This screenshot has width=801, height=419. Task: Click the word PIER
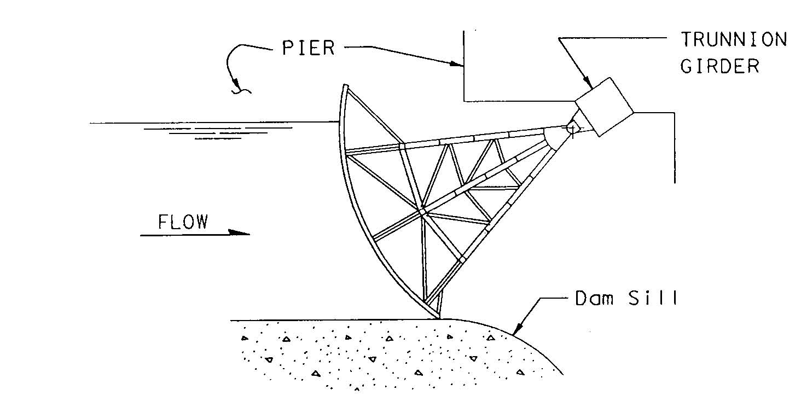308,48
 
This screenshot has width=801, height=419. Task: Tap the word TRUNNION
734,39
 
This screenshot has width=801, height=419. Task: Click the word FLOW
183,222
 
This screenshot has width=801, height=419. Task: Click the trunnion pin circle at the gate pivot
572,127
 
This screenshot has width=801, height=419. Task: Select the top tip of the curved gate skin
344,85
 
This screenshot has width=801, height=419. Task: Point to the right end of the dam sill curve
562,375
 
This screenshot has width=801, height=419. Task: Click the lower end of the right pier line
674,183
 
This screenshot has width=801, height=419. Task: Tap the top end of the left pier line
463,31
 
